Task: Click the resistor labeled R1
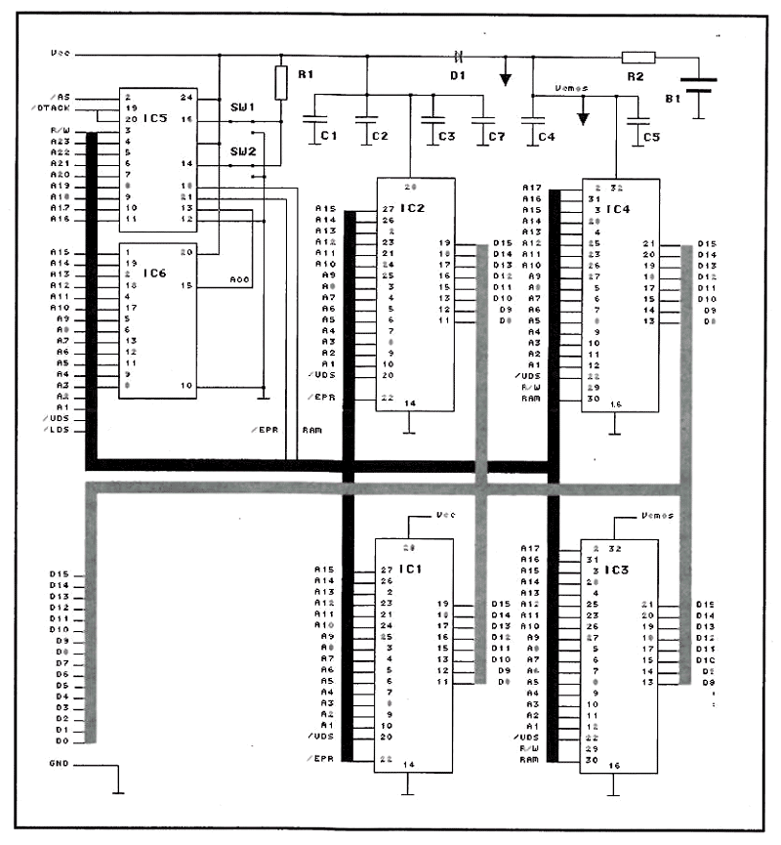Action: click(281, 83)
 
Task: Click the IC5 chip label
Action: click(158, 118)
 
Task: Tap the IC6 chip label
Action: click(158, 275)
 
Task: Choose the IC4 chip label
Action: click(618, 208)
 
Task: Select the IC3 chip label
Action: click(618, 569)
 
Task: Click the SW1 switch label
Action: click(241, 106)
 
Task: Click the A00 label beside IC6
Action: click(240, 280)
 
